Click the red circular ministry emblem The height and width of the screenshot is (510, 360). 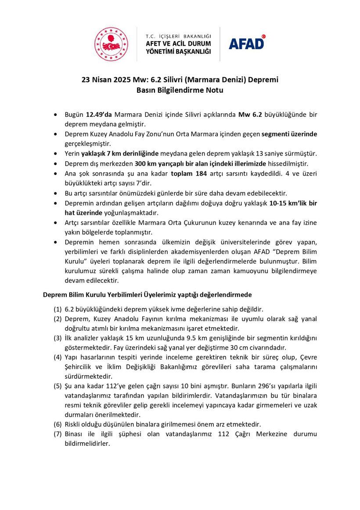point(112,44)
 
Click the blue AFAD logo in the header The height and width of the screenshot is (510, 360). point(247,43)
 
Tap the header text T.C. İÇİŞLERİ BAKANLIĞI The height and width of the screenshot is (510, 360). point(178,35)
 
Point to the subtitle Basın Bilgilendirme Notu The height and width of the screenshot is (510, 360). point(180,90)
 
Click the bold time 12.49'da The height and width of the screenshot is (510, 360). point(99,114)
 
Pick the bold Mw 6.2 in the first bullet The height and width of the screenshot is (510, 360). point(250,114)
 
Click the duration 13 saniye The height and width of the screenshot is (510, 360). point(277,153)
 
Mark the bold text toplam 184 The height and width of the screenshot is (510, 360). point(189,173)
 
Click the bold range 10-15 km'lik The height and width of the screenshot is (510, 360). point(288,203)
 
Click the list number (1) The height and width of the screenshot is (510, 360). point(58,309)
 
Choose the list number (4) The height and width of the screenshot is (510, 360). point(58,357)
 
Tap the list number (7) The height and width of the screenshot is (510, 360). point(58,434)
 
